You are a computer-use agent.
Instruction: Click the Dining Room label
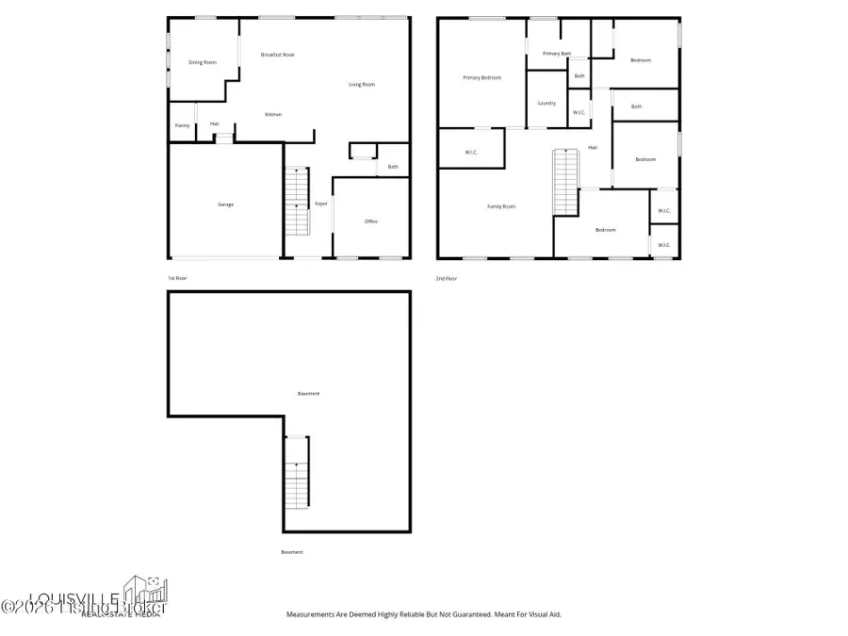203,62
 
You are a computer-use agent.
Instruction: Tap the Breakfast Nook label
278,55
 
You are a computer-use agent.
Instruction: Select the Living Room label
362,85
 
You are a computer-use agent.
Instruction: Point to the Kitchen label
273,115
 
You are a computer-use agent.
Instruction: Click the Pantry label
182,126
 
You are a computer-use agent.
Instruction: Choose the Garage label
225,204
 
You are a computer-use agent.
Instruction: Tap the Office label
371,221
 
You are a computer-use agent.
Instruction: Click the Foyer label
321,204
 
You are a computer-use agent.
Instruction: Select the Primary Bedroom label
481,77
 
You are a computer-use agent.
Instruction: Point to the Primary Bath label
557,54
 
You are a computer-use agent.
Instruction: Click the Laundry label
546,103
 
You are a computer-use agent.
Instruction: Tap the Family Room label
501,206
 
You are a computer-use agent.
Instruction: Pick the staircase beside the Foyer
297,200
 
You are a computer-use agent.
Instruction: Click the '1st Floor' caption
177,278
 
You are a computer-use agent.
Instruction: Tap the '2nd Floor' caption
446,278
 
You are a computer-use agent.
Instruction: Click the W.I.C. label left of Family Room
471,153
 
